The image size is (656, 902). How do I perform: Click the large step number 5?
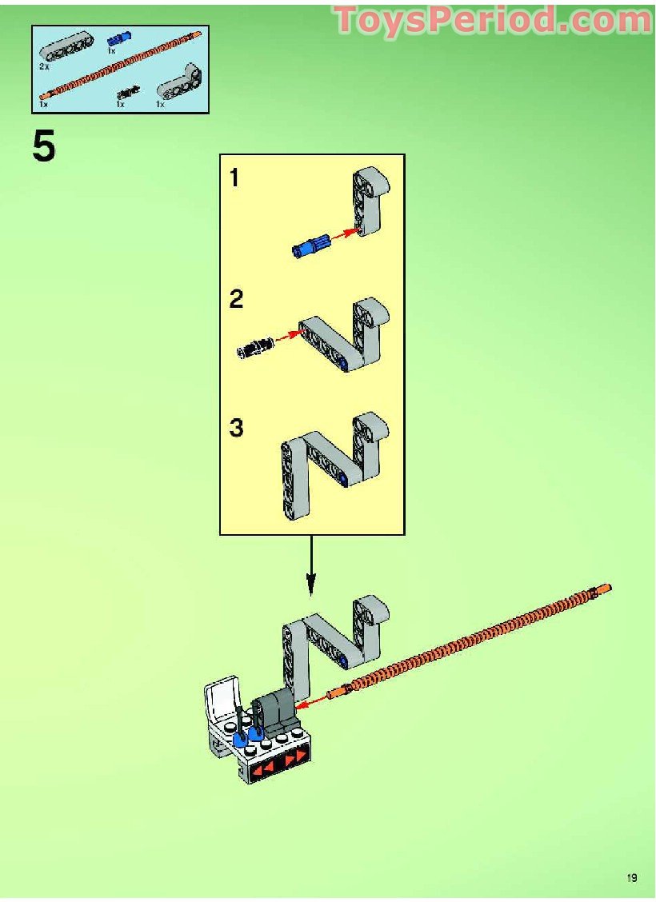(44, 146)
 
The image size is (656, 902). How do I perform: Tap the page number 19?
(632, 878)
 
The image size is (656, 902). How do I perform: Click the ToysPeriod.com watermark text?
(493, 20)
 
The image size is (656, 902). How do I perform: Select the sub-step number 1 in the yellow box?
(234, 178)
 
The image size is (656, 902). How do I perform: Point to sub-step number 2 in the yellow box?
(236, 299)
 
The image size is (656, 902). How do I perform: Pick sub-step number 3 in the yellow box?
(236, 428)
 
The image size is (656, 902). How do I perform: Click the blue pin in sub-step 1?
(310, 245)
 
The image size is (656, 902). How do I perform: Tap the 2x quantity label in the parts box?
(44, 66)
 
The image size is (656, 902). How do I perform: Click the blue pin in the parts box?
(119, 39)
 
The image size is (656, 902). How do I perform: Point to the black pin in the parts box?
(128, 91)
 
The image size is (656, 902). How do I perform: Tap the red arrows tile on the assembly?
(282, 761)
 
